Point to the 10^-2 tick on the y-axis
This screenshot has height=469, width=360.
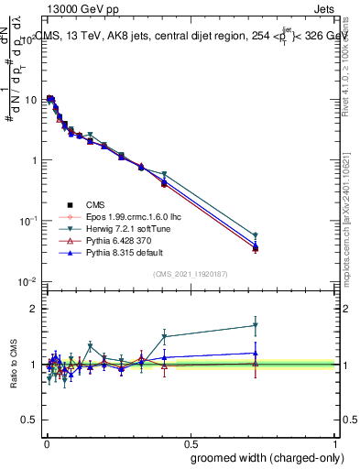click(27, 281)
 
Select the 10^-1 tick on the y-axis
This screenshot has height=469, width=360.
click(27, 221)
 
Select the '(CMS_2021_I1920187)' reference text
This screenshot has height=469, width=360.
click(189, 274)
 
